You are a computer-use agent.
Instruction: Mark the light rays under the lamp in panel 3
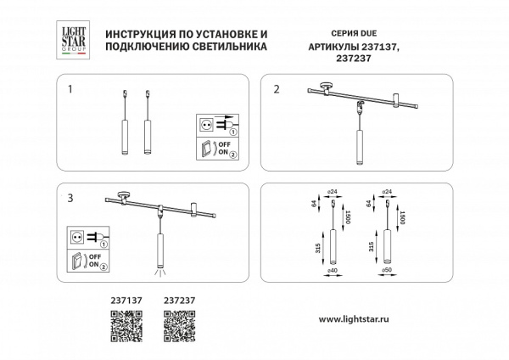pyautogui.click(x=158, y=271)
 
